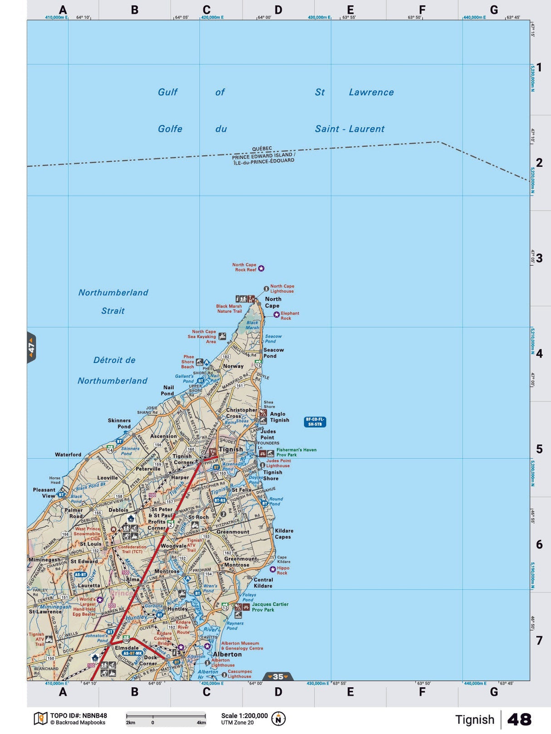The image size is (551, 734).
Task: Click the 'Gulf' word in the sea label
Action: (x=167, y=92)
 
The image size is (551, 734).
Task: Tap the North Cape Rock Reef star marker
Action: (x=261, y=269)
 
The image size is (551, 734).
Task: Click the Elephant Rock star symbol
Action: (x=276, y=314)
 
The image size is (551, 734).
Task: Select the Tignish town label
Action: (x=231, y=449)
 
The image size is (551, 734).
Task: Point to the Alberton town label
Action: (x=227, y=654)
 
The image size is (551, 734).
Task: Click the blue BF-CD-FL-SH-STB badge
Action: (x=315, y=422)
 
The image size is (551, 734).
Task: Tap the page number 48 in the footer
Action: (x=519, y=719)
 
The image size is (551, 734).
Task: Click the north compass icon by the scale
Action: (x=278, y=719)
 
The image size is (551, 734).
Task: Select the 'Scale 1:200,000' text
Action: (x=244, y=715)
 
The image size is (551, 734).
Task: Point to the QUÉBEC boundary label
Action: (x=262, y=149)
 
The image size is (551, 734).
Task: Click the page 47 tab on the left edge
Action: (x=31, y=348)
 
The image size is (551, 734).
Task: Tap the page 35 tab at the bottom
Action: (x=278, y=676)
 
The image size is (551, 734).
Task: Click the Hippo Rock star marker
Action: (x=273, y=569)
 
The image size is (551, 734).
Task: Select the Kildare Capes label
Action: (x=284, y=533)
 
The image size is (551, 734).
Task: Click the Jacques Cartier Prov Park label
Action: (x=270, y=607)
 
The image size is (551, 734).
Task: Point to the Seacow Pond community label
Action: (x=273, y=353)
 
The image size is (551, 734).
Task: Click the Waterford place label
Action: (x=68, y=455)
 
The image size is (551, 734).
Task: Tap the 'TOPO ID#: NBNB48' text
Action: (x=79, y=716)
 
